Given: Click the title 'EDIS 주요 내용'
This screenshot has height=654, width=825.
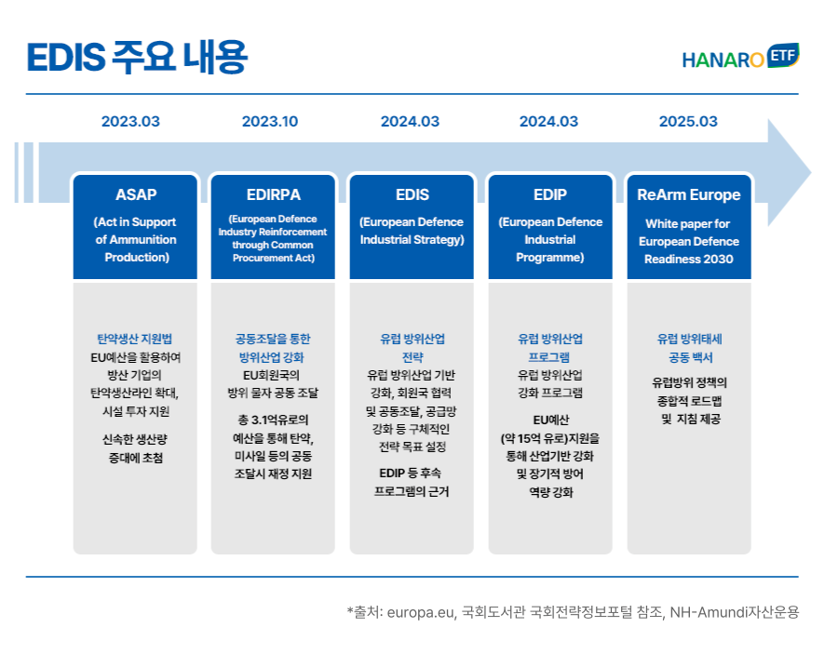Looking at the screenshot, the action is click(x=137, y=57).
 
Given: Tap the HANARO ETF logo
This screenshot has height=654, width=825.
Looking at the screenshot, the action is click(x=741, y=57).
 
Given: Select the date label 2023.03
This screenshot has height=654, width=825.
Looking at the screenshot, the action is click(x=130, y=122).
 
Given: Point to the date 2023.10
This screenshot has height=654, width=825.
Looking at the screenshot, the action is click(x=270, y=122).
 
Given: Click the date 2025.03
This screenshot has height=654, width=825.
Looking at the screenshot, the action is click(x=688, y=122).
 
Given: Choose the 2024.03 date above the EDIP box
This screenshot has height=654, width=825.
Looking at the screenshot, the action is click(x=548, y=122).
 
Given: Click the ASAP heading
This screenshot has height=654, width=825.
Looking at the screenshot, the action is click(x=136, y=194).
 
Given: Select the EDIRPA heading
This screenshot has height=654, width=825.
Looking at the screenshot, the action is click(x=274, y=194).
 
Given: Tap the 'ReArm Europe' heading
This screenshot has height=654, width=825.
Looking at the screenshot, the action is click(x=689, y=195).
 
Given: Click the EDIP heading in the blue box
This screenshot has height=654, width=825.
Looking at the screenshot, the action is click(x=550, y=194).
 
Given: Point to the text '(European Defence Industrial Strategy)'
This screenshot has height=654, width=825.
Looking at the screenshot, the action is click(x=412, y=231).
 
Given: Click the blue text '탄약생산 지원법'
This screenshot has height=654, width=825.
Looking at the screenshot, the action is click(x=135, y=339).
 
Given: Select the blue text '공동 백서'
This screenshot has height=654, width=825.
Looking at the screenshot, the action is click(x=690, y=357).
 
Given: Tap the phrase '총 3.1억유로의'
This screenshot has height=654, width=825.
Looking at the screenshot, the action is click(x=273, y=420).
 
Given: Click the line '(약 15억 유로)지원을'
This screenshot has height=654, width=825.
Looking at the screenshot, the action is click(x=550, y=438).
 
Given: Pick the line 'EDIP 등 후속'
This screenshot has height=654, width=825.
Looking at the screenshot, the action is click(x=411, y=474).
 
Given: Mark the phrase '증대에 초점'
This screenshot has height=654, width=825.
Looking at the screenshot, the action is click(x=136, y=458).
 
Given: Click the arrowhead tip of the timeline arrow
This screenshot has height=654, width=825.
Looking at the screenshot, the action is click(x=811, y=172).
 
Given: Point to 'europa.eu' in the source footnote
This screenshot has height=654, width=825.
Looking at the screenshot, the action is click(x=420, y=613).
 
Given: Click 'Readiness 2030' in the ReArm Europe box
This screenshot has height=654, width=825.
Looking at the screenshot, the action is click(x=689, y=260).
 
